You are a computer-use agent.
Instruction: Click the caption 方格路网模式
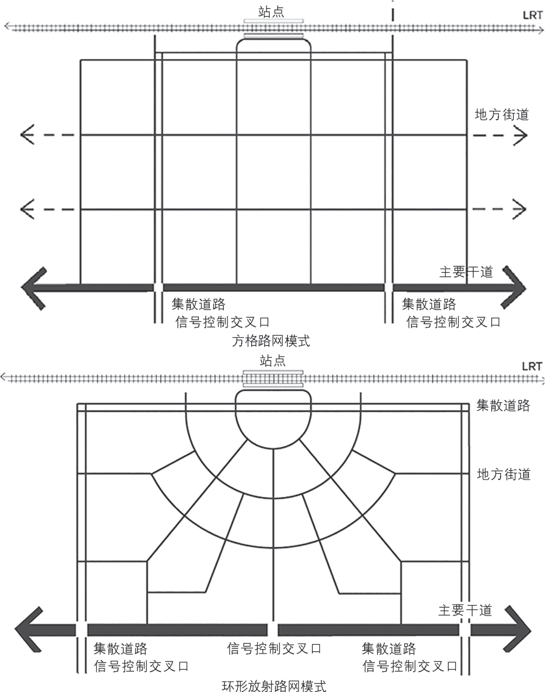pos(271,341)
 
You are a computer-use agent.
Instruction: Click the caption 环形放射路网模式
pos(274,687)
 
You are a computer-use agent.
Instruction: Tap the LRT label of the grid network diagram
pos(532,15)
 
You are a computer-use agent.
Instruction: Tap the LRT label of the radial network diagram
pos(531,366)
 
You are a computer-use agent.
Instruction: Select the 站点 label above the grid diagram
pos(271,11)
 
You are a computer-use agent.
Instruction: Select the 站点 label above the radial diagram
pos(272,361)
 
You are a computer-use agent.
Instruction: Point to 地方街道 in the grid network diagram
pos(501,115)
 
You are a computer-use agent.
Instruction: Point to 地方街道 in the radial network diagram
pos(503,475)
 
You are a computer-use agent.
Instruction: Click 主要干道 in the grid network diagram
pos(466,272)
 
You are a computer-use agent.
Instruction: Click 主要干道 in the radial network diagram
pos(465,610)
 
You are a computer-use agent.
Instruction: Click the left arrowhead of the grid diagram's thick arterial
pos(33,287)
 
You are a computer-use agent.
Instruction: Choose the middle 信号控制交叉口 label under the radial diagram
pos(274,648)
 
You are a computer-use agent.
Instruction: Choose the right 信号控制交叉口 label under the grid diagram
pos(453,322)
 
